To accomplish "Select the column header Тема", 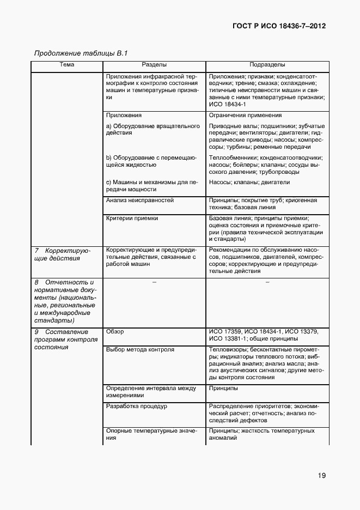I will click(67, 65).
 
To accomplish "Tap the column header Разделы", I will click(154, 65).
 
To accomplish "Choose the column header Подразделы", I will click(267, 65).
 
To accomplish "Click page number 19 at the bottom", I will click(321, 476).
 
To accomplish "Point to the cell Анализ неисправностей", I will click(140, 201).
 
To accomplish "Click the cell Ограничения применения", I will click(245, 116).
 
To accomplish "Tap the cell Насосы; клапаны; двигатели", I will click(249, 182).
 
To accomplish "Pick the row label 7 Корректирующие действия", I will click(62, 254).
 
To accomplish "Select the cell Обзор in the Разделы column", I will click(115, 331).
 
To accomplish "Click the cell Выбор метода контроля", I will click(140, 349).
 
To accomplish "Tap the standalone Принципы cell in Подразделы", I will click(223, 388).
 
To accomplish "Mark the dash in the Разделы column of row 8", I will click(154, 282).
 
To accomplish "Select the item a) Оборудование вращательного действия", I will click(153, 129).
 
